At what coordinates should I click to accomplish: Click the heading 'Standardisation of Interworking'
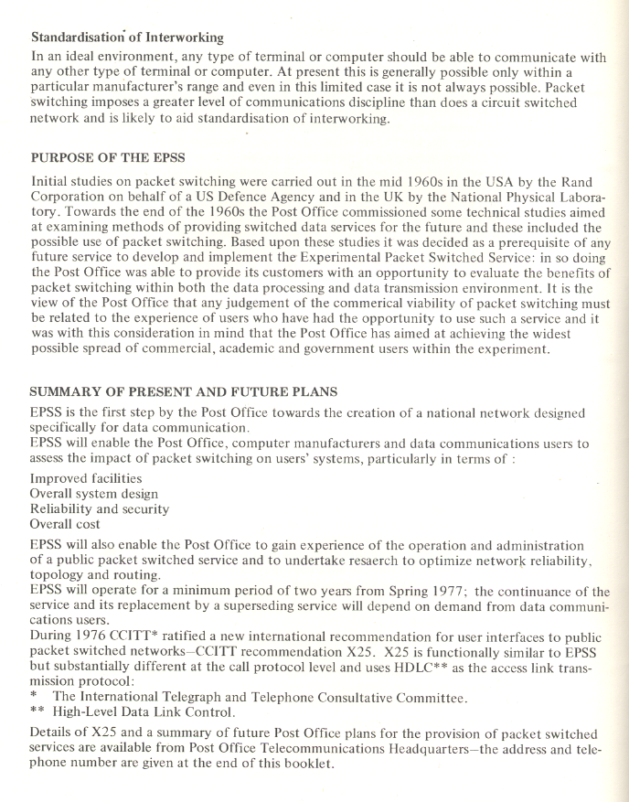pyautogui.click(x=127, y=37)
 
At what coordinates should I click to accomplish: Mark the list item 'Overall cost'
pyautogui.click(x=65, y=524)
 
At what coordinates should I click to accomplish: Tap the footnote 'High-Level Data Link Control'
pyautogui.click(x=146, y=711)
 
